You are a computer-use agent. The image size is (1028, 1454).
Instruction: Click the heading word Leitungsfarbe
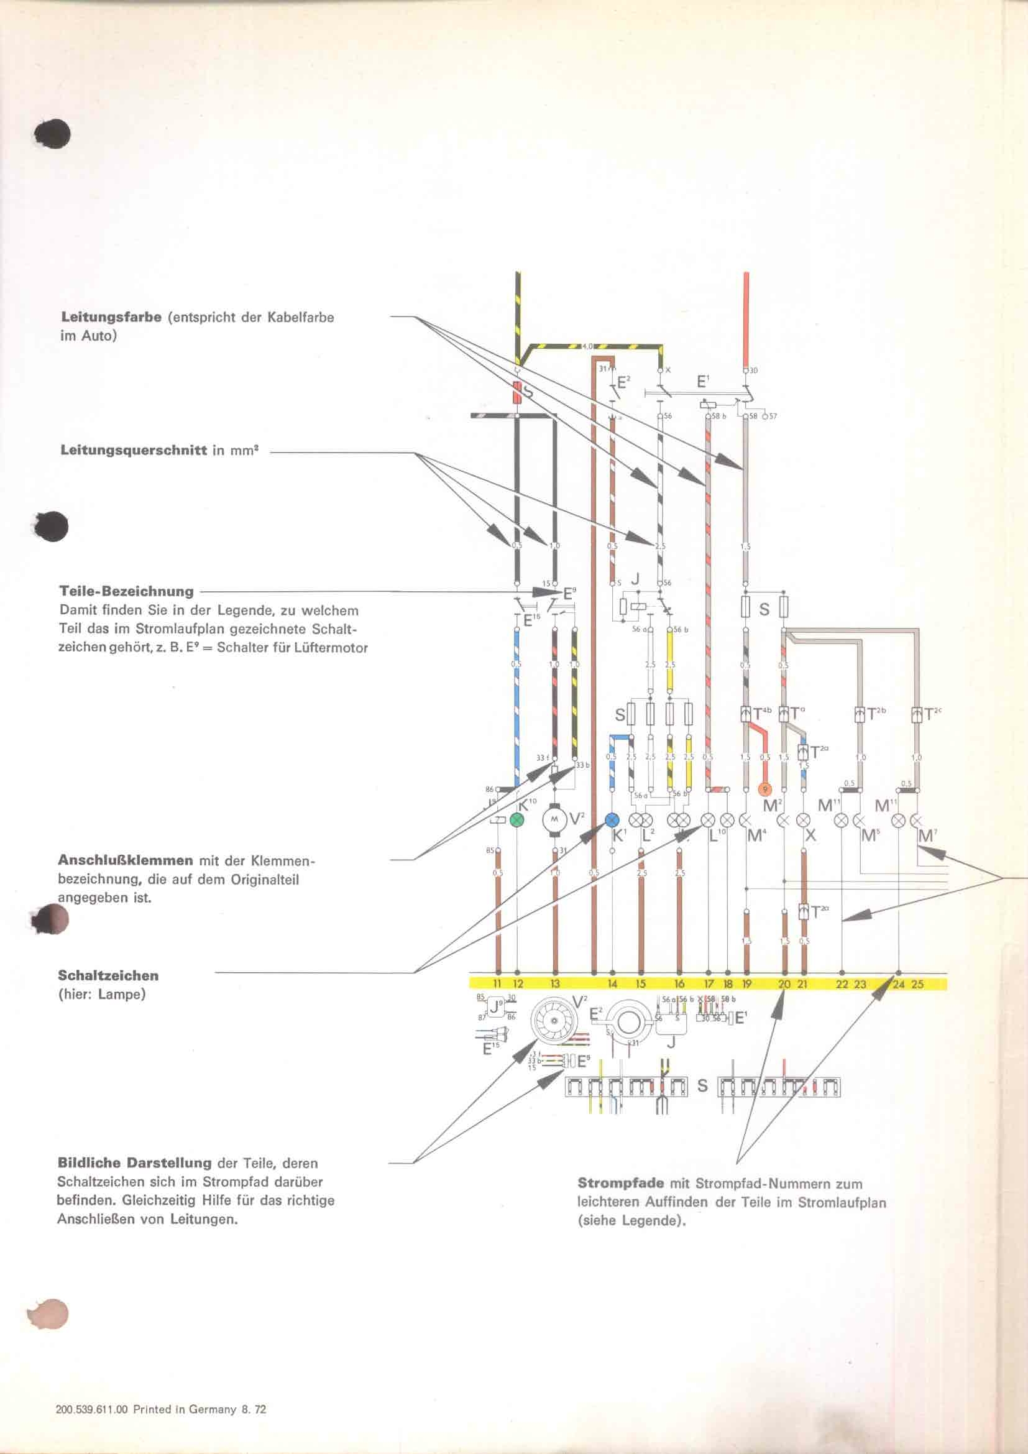[111, 317]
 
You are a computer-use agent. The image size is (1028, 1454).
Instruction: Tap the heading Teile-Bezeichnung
[127, 591]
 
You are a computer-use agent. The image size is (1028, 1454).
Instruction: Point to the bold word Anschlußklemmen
[126, 860]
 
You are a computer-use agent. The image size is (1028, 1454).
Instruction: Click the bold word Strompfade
[620, 1183]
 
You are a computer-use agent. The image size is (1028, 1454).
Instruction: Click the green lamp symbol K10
[517, 819]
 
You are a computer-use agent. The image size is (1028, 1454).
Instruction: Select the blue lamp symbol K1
[612, 819]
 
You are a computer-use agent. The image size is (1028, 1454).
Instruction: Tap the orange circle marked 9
[765, 789]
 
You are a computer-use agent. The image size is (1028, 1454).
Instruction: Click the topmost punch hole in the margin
[53, 133]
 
